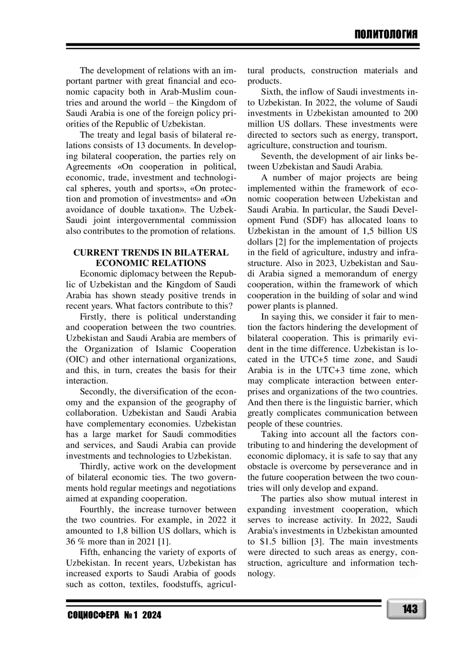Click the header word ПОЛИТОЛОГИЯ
point(386,35)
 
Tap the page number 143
point(410,609)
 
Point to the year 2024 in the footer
point(152,615)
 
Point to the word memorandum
point(348,274)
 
